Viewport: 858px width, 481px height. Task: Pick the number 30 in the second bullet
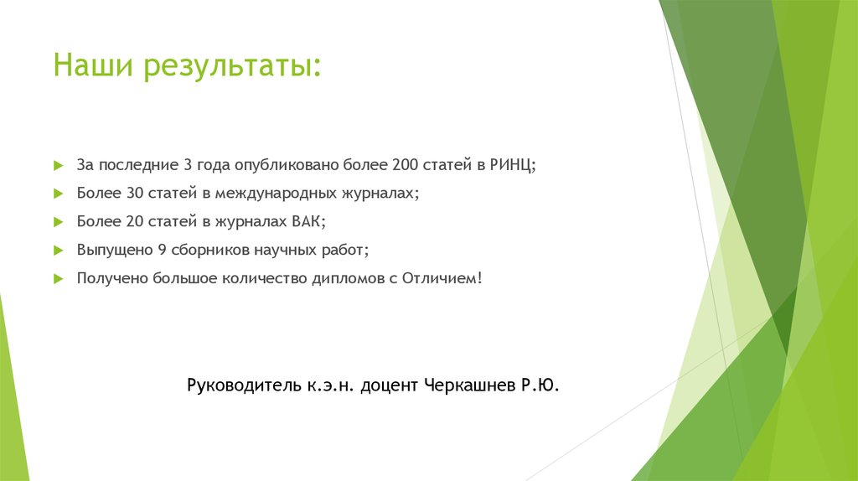[135, 193]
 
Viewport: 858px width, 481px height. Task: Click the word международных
[274, 194]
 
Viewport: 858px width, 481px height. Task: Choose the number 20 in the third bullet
[135, 221]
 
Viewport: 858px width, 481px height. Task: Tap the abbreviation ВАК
[308, 221]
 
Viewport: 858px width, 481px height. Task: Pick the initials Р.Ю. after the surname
[536, 385]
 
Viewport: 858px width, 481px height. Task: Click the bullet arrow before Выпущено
[57, 250]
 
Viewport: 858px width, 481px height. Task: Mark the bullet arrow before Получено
[57, 277]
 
